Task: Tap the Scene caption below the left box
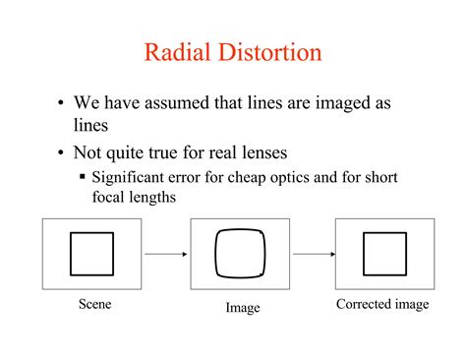95,304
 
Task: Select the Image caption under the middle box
243,308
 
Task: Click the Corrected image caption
382,304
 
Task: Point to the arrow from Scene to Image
173,255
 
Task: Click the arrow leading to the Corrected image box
313,255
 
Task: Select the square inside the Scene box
92,254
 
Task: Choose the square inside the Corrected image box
384,254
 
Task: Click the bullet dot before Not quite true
61,153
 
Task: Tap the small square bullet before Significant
83,178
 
